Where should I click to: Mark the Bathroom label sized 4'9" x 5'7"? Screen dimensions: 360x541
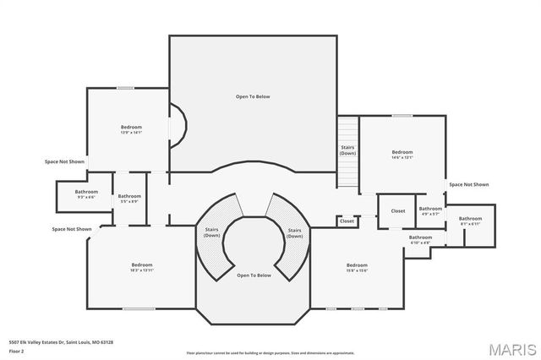[430, 210]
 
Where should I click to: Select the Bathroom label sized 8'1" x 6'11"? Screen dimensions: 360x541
[470, 221]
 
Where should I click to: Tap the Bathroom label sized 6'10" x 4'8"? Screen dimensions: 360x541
[420, 239]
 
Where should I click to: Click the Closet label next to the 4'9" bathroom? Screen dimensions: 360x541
[398, 210]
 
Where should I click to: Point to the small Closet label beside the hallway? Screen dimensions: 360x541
[347, 221]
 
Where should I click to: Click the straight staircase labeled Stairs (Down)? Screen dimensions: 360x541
[347, 151]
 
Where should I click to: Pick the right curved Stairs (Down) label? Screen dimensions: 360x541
[294, 232]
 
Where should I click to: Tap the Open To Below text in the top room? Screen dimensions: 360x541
[253, 97]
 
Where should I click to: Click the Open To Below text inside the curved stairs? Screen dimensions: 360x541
[254, 275]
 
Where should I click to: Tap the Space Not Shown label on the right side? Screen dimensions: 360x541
[469, 184]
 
